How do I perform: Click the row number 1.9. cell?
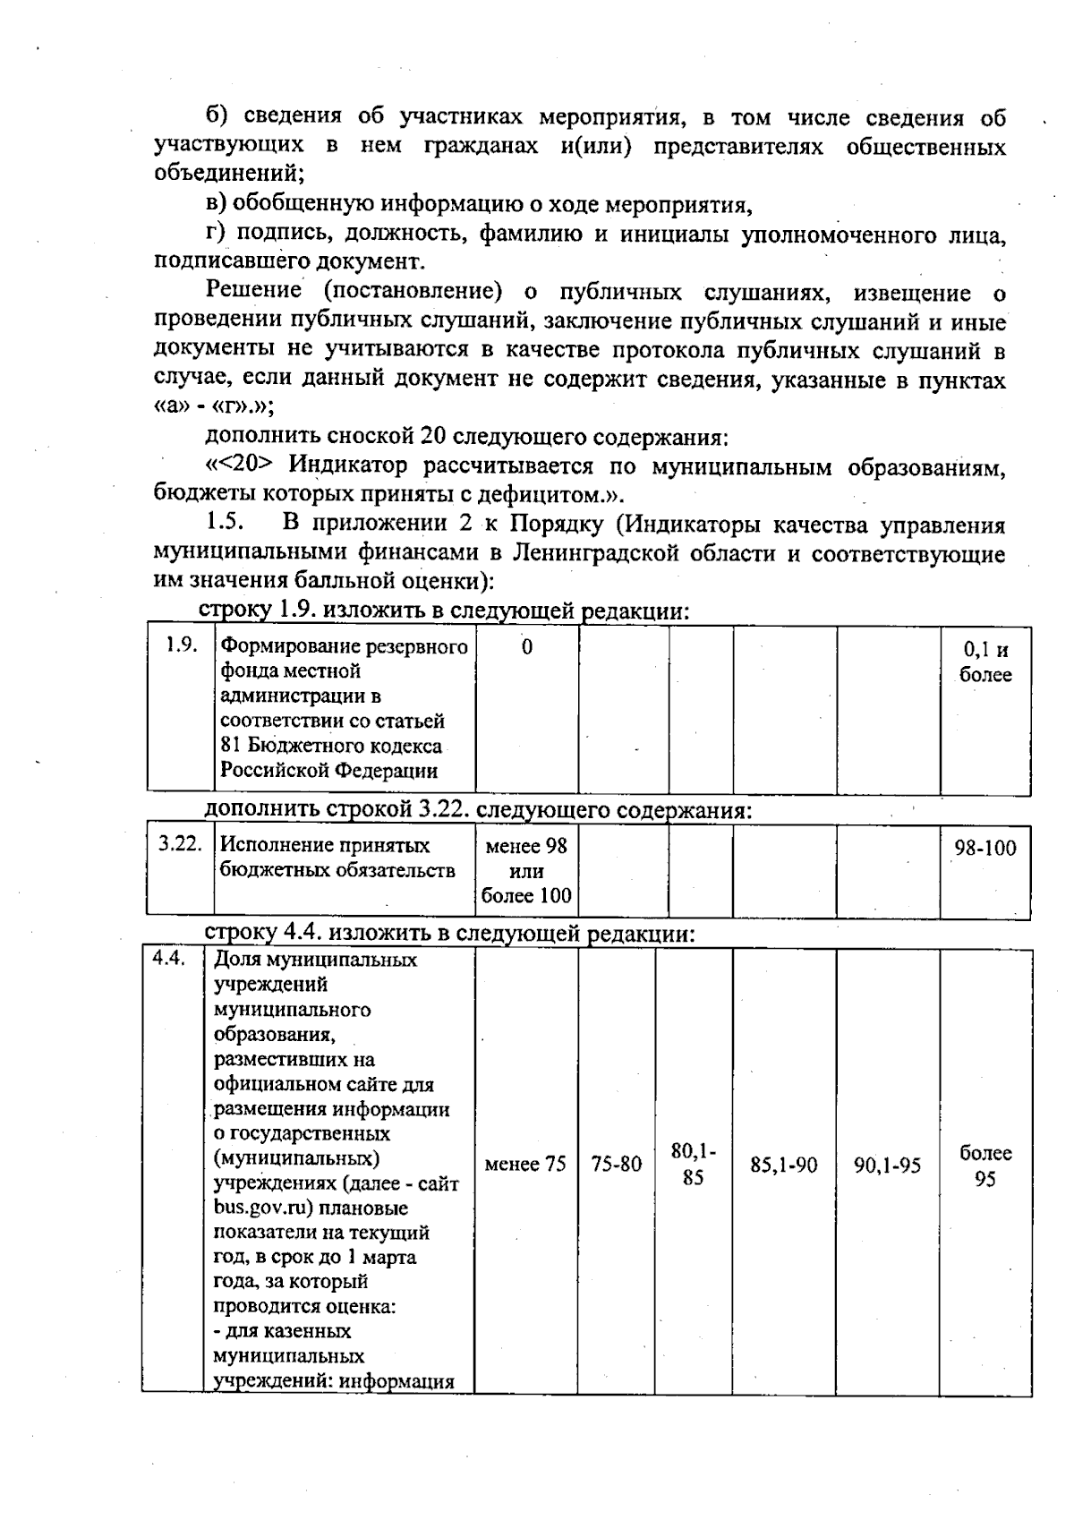[x=181, y=646]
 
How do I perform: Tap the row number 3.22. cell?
[x=180, y=844]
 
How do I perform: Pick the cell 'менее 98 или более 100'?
[x=526, y=870]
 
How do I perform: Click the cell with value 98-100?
[x=984, y=848]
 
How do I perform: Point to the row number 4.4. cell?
[x=168, y=959]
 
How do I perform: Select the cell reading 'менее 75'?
[x=525, y=1165]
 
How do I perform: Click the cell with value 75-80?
[x=617, y=1165]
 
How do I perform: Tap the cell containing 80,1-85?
[x=694, y=1165]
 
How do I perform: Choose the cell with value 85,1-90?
[x=784, y=1166]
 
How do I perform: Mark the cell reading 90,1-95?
[x=887, y=1166]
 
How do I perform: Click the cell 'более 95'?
[x=984, y=1166]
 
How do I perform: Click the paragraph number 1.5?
[x=220, y=524]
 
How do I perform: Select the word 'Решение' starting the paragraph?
[x=254, y=292]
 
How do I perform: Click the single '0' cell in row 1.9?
[x=526, y=647]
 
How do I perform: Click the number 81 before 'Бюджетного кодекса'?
[x=230, y=745]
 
